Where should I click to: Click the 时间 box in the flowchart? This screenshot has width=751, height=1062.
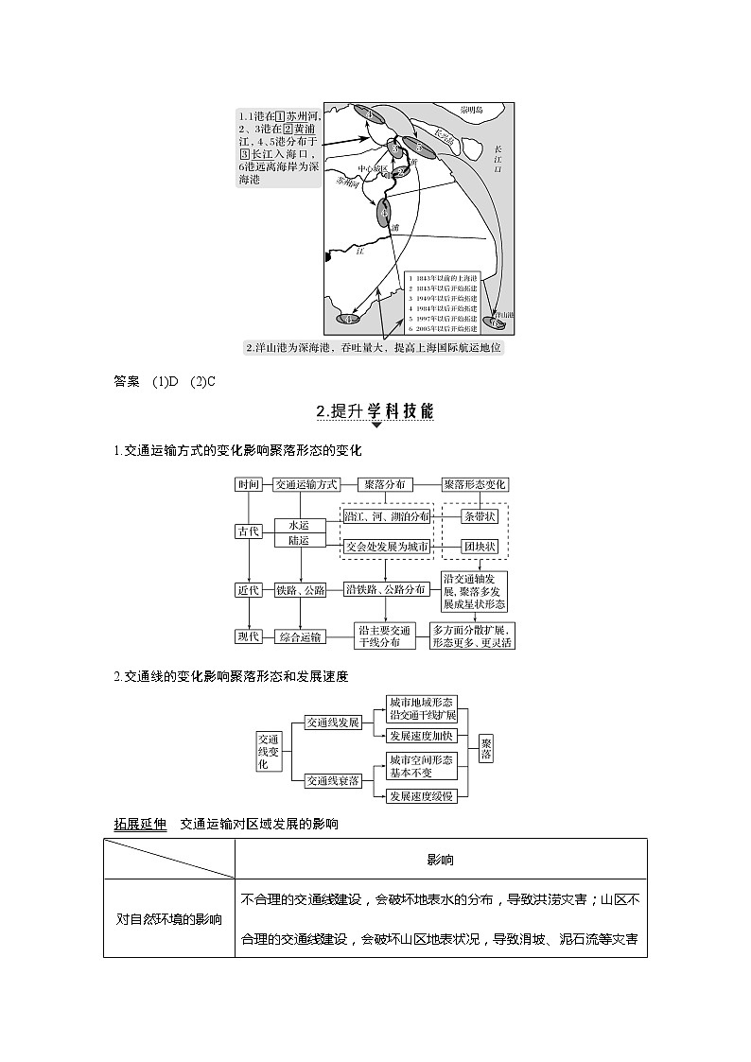tap(249, 484)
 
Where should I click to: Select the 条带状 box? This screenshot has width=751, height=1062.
tap(478, 516)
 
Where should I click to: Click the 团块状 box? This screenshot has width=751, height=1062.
tap(478, 547)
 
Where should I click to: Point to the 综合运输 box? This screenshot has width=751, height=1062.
tap(300, 636)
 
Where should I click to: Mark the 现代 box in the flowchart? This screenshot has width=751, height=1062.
tap(249, 636)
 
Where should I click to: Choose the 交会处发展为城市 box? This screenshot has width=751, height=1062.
tap(386, 547)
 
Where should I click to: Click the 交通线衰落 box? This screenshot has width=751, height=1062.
tap(333, 780)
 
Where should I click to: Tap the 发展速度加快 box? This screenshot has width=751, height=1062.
tap(422, 736)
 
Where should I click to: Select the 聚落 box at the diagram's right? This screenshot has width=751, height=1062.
tap(486, 750)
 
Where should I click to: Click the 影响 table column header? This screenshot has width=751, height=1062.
tap(440, 860)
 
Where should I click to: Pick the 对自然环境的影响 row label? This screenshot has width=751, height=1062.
tap(169, 918)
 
